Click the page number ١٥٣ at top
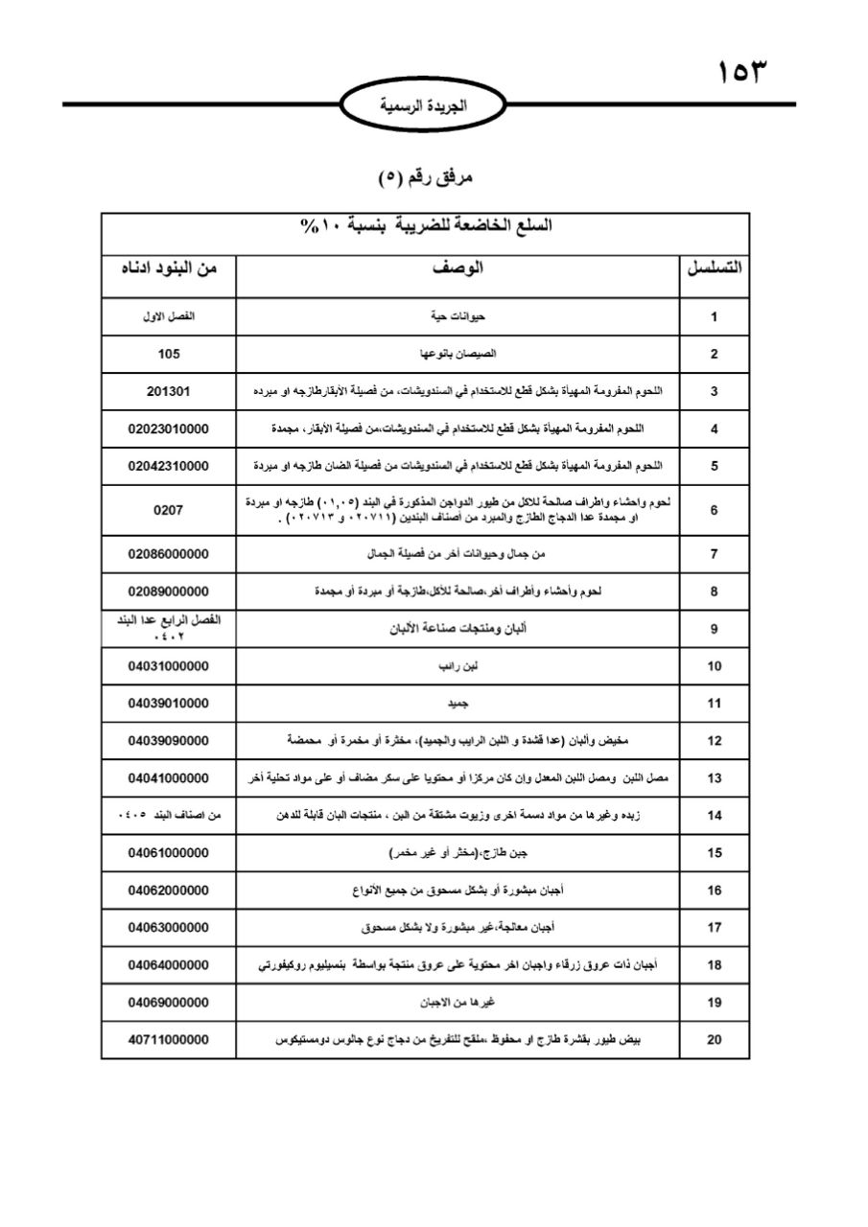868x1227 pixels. (x=743, y=73)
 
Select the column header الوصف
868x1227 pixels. (x=457, y=269)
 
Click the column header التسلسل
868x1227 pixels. (x=715, y=269)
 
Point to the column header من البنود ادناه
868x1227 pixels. (x=168, y=269)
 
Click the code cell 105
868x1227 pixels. (x=168, y=354)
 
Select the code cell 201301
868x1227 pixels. (x=168, y=391)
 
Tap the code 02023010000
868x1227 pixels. (x=168, y=428)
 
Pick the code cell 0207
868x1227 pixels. (x=168, y=511)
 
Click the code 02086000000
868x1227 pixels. (x=168, y=554)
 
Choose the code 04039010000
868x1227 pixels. (x=168, y=703)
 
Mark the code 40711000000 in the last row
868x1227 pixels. (x=168, y=1039)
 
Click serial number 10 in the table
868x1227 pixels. (x=715, y=665)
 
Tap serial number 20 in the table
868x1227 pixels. (x=715, y=1039)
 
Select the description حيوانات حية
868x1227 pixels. (x=457, y=316)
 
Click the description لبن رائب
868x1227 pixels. (x=457, y=665)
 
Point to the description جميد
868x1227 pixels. (x=457, y=703)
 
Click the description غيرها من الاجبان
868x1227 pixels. (x=457, y=1003)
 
